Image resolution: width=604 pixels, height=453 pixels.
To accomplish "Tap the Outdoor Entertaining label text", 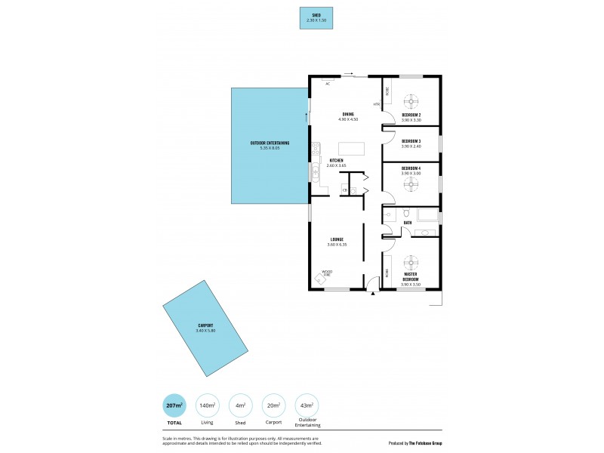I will pos(270,145).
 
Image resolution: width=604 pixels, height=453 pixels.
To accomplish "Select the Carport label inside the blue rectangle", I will pos(205,328).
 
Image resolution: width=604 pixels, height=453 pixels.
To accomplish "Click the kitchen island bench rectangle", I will pos(350,148).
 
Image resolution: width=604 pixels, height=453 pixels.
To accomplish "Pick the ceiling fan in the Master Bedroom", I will pos(411,262).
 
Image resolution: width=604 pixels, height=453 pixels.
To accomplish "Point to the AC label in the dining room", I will pos(328,84).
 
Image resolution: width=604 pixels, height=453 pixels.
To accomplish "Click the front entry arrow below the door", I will pos(372,293).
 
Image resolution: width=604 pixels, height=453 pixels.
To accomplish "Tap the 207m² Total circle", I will pos(174,405).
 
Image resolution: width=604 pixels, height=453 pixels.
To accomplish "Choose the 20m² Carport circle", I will pos(273,405).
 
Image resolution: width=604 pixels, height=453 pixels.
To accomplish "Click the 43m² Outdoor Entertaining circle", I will pos(306,405).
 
